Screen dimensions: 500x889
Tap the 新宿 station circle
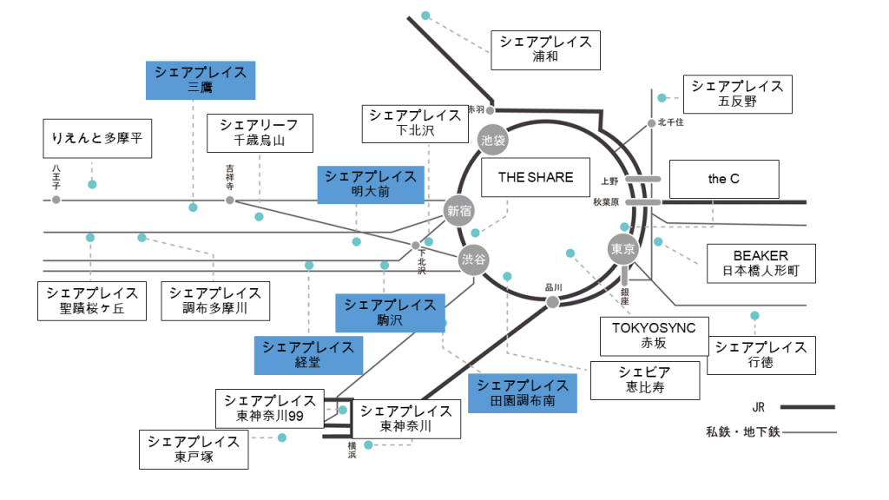tap(458, 209)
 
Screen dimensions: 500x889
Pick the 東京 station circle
tap(623, 249)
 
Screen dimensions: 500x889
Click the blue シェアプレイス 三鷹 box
tap(200, 80)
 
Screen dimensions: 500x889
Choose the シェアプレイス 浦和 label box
tap(544, 50)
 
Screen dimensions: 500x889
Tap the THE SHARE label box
tap(535, 177)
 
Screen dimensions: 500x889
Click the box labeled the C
tap(723, 180)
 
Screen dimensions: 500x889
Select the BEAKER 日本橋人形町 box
tap(761, 264)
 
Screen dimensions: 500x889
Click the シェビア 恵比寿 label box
tap(645, 380)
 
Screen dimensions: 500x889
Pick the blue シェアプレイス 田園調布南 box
tap(522, 393)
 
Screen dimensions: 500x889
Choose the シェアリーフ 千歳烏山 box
tap(259, 133)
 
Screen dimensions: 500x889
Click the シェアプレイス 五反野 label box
tap(737, 94)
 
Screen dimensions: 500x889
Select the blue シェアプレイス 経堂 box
tap(307, 354)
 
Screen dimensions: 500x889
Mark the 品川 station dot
tap(552, 302)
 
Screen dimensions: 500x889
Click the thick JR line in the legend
tap(807, 406)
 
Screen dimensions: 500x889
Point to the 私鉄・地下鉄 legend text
tap(743, 431)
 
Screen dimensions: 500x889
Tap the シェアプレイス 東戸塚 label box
tap(193, 450)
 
